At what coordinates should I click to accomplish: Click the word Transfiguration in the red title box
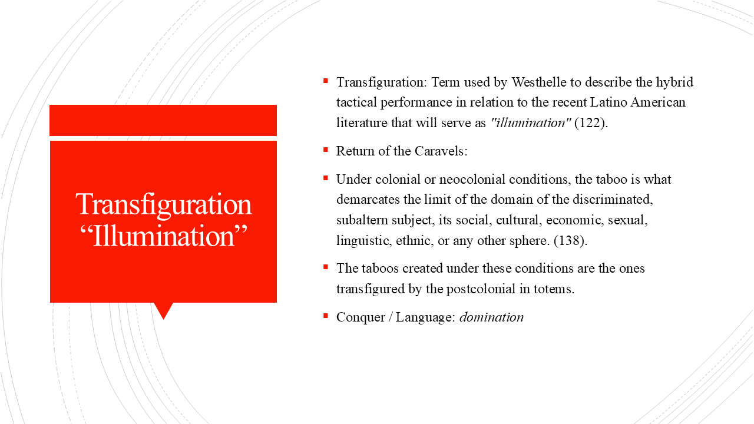[164, 204]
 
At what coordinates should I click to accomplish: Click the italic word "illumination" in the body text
[531, 123]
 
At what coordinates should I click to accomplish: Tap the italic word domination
[491, 317]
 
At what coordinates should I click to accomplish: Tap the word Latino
[609, 102]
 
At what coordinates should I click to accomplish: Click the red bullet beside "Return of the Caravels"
[325, 150]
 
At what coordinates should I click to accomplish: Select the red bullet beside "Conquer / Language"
[325, 316]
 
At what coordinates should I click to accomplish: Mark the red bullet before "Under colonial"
[325, 178]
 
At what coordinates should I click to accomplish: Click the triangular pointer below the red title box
[163, 310]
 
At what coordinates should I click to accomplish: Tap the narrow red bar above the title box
[163, 120]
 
